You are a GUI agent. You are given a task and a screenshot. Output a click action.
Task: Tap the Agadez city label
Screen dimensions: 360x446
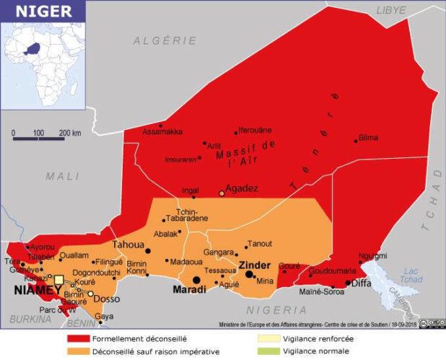coord(242,188)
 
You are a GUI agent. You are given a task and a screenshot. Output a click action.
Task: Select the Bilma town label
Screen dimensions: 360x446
coord(368,137)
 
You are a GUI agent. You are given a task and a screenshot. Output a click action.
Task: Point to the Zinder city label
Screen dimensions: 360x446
coord(254,264)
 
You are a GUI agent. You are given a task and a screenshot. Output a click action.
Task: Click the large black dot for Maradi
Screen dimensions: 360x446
coord(196,280)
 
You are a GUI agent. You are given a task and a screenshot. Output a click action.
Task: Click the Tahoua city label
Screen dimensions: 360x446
coord(126,245)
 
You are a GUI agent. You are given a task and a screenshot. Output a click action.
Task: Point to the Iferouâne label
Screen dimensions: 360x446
coord(255,130)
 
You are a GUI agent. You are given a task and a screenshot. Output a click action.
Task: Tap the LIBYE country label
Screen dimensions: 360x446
coord(392,10)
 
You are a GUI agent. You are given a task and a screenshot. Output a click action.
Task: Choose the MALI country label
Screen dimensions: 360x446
coord(62,176)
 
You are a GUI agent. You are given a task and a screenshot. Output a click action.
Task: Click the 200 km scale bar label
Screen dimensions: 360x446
coord(70,133)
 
